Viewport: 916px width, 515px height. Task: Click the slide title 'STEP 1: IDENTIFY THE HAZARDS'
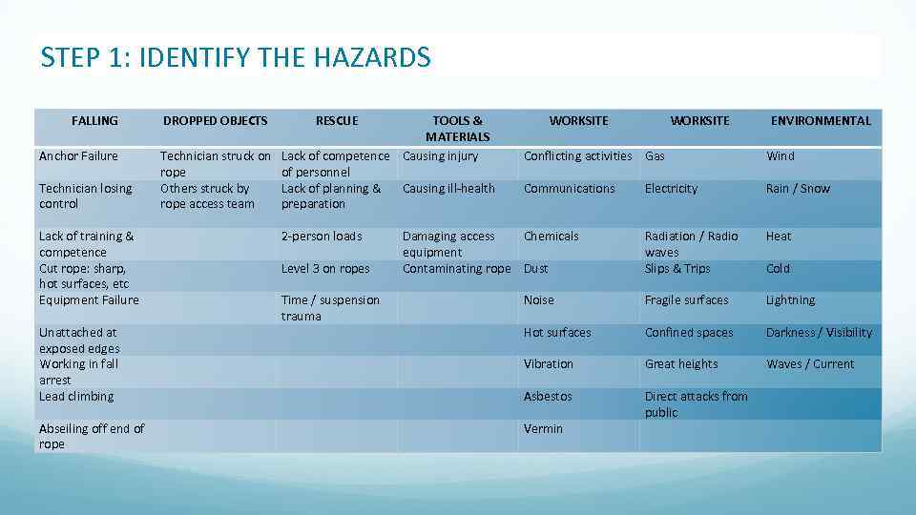(x=236, y=58)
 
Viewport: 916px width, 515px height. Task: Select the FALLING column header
(x=94, y=121)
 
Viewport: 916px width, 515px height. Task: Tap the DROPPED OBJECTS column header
(x=215, y=121)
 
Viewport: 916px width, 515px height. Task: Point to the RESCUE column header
(x=337, y=121)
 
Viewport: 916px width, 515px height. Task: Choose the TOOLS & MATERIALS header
(x=457, y=129)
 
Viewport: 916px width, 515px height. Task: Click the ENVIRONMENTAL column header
(x=821, y=121)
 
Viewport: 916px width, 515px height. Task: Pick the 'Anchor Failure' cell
(x=78, y=156)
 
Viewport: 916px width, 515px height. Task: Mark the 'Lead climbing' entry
(x=76, y=397)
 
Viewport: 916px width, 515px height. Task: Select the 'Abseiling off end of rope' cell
(x=92, y=436)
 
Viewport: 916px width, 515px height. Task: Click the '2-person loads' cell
(x=322, y=237)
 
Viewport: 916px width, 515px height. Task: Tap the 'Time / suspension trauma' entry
(x=330, y=308)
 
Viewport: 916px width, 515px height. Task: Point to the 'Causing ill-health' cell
(x=448, y=189)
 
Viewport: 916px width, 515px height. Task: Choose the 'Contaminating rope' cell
(x=456, y=269)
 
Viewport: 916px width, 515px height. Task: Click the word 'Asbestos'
(x=548, y=397)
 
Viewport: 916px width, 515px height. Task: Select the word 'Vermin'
(x=543, y=429)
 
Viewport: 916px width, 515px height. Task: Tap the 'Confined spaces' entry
(x=689, y=333)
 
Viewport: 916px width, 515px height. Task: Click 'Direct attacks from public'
(x=696, y=404)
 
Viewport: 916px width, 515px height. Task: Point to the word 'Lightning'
(x=790, y=300)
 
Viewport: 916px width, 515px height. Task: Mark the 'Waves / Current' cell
(x=810, y=364)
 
